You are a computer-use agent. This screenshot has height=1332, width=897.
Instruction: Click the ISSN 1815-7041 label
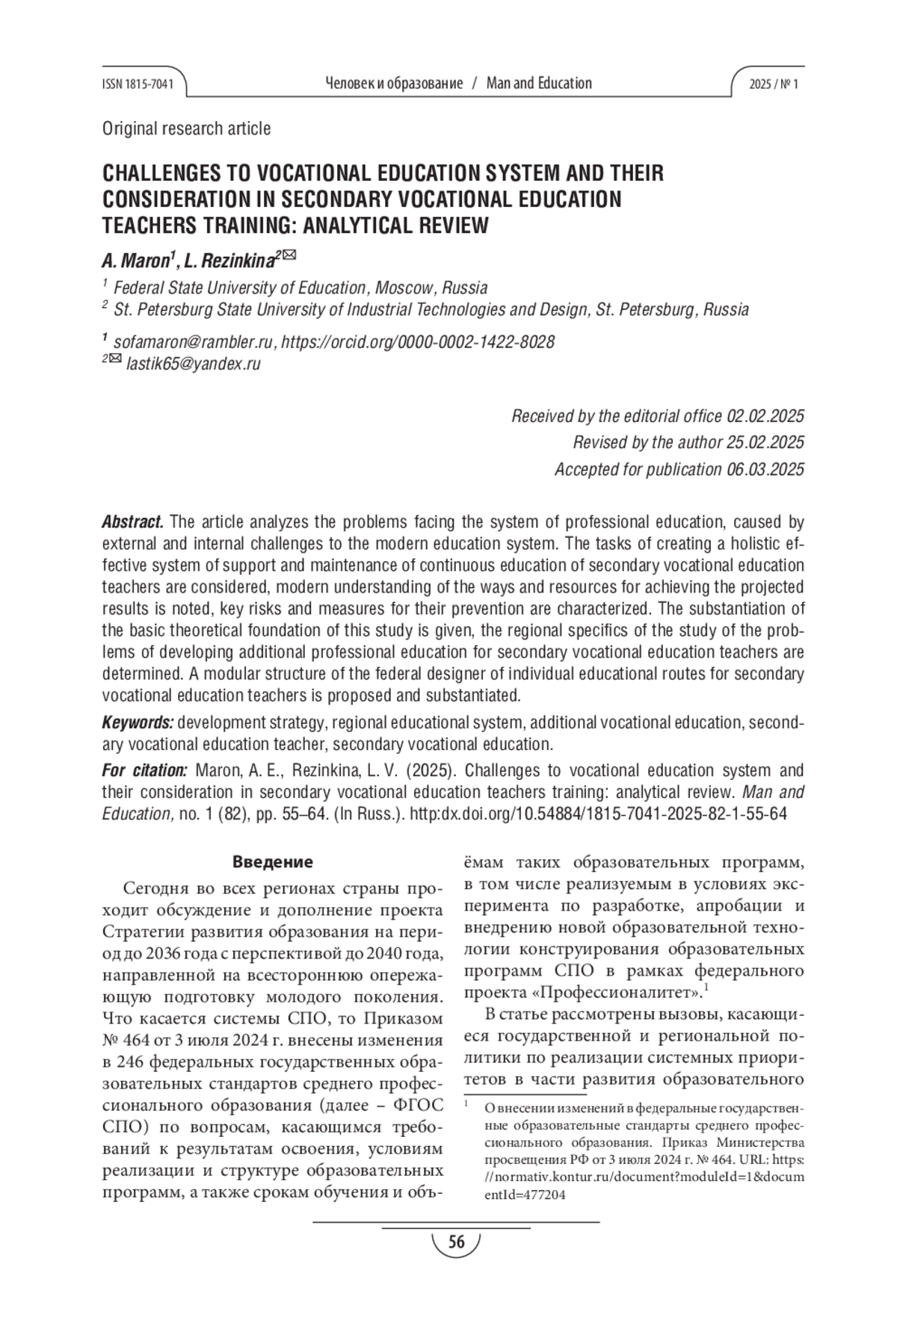[x=137, y=84]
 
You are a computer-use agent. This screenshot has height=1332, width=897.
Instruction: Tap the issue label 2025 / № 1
[x=774, y=84]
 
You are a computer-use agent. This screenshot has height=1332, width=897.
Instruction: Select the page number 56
[x=455, y=1243]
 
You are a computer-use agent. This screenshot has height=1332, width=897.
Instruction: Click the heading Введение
[x=273, y=862]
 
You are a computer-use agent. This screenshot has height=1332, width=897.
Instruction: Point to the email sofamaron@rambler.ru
[x=193, y=342]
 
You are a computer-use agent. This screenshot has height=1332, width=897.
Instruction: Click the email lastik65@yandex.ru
[x=194, y=365]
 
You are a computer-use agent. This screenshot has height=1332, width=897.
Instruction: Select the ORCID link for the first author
[x=419, y=342]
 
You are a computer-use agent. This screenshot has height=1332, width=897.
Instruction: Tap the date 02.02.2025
[x=765, y=416]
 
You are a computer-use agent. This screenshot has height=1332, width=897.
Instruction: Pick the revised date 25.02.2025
[x=765, y=442]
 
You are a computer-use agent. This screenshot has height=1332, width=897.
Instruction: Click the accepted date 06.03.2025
[x=765, y=469]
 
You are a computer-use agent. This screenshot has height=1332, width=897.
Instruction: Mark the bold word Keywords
[x=138, y=723]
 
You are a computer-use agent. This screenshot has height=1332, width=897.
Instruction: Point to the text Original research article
[x=186, y=128]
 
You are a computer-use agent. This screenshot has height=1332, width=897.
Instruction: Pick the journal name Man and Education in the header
[x=539, y=84]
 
